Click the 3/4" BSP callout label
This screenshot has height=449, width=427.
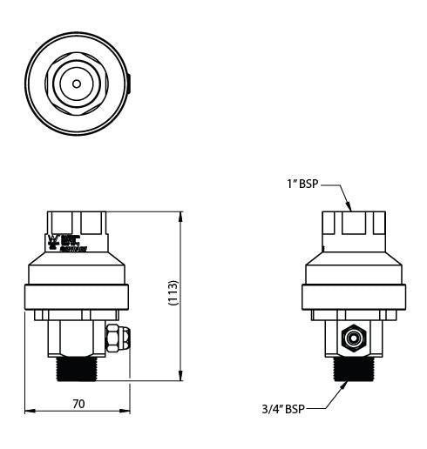coord(284,406)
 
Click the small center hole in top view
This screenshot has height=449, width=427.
coord(77,84)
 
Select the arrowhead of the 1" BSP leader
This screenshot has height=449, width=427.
coord(351,208)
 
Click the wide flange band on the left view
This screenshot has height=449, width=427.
coord(77,297)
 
